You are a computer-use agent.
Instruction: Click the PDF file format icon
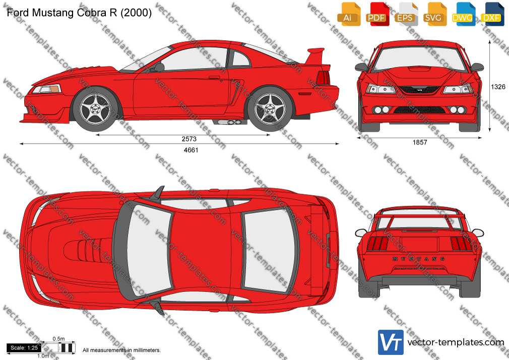pyautogui.click(x=377, y=14)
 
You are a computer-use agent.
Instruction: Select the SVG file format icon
pyautogui.click(x=434, y=14)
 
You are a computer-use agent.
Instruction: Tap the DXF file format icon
pyautogui.click(x=492, y=14)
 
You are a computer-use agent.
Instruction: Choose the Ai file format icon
pyautogui.click(x=348, y=14)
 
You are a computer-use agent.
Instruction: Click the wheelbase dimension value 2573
pyautogui.click(x=189, y=139)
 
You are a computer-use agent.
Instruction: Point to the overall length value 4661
pyautogui.click(x=191, y=150)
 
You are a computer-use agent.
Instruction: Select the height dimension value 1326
pyautogui.click(x=497, y=87)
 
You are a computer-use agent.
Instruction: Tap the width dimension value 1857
pyautogui.click(x=420, y=142)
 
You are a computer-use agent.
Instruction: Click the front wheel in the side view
pyautogui.click(x=96, y=109)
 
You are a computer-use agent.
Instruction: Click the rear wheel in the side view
pyautogui.click(x=270, y=109)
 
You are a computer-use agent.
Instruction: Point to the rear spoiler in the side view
pyautogui.click(x=315, y=56)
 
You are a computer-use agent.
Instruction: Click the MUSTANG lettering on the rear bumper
pyautogui.click(x=419, y=259)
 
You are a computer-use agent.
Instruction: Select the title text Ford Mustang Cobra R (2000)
pyautogui.click(x=79, y=13)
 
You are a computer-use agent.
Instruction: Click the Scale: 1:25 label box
pyautogui.click(x=24, y=348)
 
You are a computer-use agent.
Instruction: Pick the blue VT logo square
pyautogui.click(x=391, y=342)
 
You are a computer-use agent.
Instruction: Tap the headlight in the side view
pyautogui.click(x=46, y=89)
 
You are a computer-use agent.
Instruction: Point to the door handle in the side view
pyautogui.click(x=215, y=77)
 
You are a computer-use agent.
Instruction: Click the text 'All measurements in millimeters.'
pyautogui.click(x=121, y=350)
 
